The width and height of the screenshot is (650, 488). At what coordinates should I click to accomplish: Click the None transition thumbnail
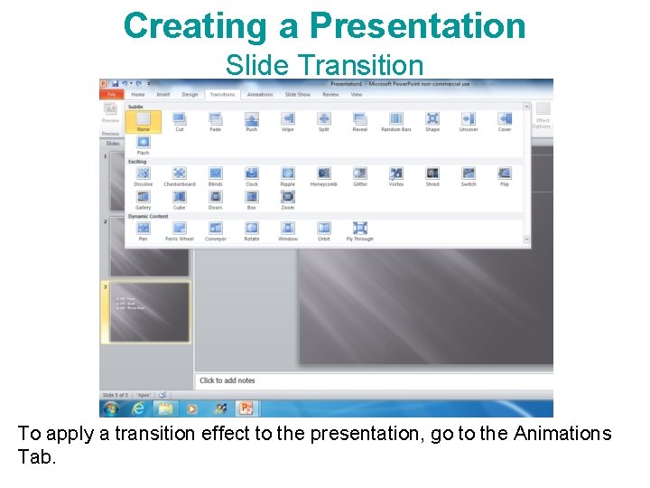coord(143,120)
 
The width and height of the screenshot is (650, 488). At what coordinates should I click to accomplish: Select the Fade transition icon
coord(215,120)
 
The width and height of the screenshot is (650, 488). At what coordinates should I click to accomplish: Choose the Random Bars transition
coord(395,120)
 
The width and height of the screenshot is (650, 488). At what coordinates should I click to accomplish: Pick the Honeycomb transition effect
coord(323,174)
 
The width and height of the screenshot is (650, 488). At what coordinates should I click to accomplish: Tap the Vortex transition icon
coord(395,174)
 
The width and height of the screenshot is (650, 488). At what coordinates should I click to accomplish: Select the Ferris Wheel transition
coord(179,230)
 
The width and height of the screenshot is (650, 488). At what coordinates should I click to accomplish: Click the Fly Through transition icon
coord(359,230)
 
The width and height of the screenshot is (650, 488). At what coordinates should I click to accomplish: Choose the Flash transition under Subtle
coord(143,144)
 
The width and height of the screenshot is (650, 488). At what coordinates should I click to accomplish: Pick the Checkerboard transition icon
coord(179,174)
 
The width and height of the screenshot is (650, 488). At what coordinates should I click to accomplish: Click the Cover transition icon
coord(504,120)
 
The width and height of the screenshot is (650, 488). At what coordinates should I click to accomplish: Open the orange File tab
coord(112,94)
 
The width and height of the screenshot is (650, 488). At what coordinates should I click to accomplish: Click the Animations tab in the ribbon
coord(260,94)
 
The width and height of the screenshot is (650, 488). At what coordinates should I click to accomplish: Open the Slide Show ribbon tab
coord(298,94)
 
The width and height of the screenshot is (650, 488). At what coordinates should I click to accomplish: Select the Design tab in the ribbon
coord(190,94)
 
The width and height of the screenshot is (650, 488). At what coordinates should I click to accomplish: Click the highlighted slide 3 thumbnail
coord(150,313)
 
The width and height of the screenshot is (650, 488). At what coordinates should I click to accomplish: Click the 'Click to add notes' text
coord(227,380)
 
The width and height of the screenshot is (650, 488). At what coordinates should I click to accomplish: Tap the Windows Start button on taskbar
coord(110,408)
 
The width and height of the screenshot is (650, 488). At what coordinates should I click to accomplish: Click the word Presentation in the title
coord(417,25)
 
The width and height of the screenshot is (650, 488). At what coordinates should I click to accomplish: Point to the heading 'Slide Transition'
coord(324,65)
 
